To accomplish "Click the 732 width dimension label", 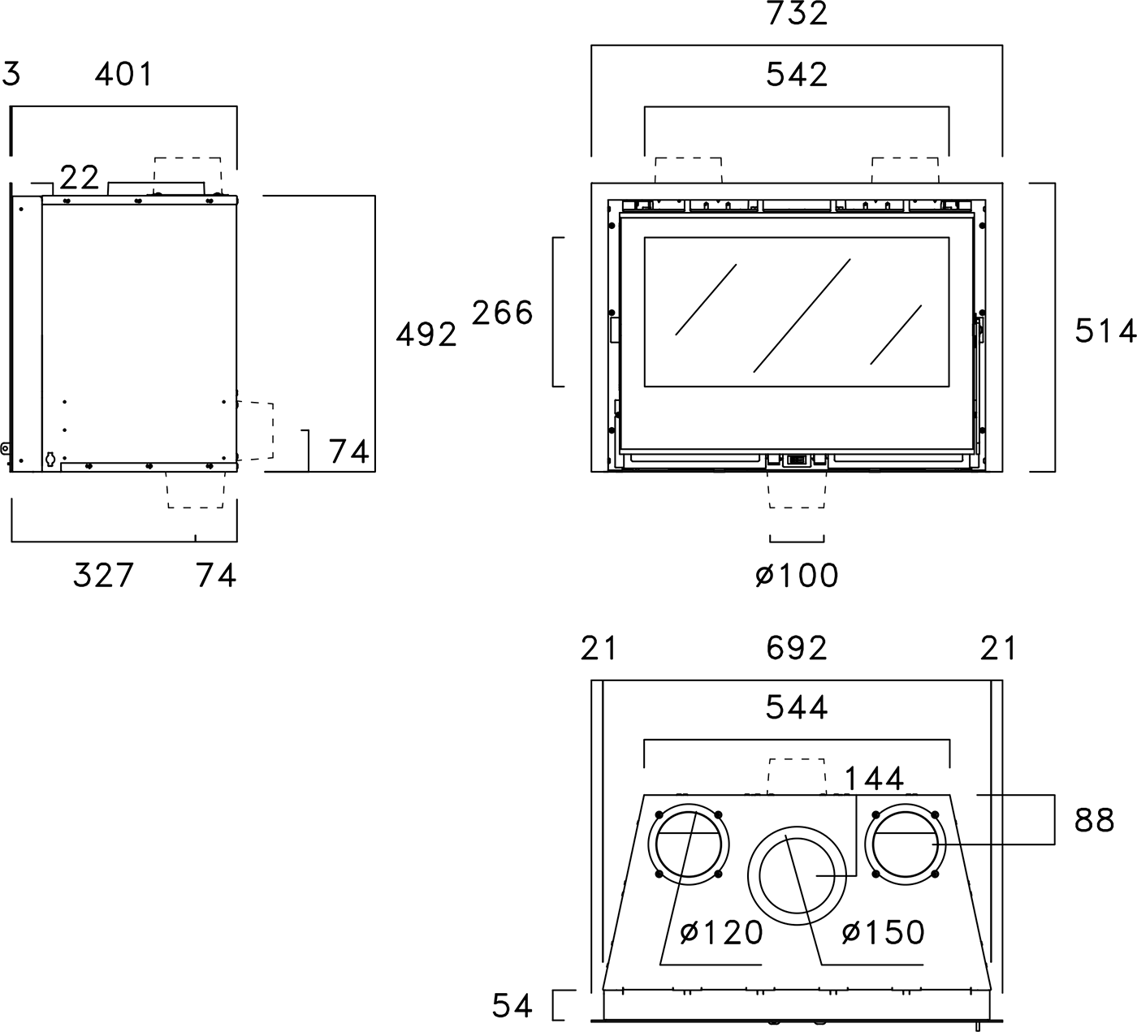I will tap(797, 14).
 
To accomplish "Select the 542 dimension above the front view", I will tap(797, 75).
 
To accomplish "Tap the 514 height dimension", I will tap(1105, 330).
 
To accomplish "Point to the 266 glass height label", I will tap(503, 313).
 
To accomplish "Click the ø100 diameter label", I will tap(797, 576).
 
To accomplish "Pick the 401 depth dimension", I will tap(123, 75).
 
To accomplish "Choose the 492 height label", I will tap(426, 335).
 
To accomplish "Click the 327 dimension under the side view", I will tap(103, 576).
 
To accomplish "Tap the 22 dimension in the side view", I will tap(80, 177).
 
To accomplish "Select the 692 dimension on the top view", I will tap(797, 648).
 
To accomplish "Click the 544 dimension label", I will tap(797, 708).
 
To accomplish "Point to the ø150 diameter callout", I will tap(884, 933).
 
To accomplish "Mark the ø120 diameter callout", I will tap(722, 933).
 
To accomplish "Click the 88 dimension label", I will tap(1094, 821).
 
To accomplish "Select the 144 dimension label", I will tap(874, 779).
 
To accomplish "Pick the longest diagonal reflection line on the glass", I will tap(802, 316).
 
